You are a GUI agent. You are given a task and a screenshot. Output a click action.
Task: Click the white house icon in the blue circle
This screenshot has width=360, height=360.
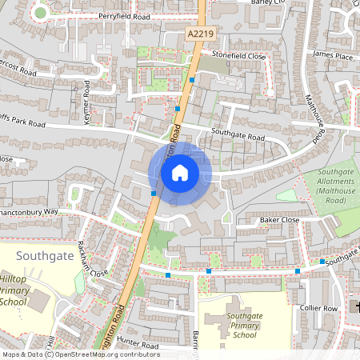click(180, 173)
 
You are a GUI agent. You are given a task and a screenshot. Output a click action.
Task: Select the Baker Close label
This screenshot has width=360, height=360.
click(279, 219)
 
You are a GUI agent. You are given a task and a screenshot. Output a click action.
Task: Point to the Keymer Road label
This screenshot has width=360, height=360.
click(87, 105)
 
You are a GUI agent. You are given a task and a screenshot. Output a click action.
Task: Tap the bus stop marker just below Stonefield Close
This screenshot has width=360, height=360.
click(192, 80)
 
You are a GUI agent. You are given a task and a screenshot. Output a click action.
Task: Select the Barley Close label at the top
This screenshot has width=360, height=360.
click(268, 3)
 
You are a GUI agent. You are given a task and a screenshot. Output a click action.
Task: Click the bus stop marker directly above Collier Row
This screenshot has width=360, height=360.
click(298, 271)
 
